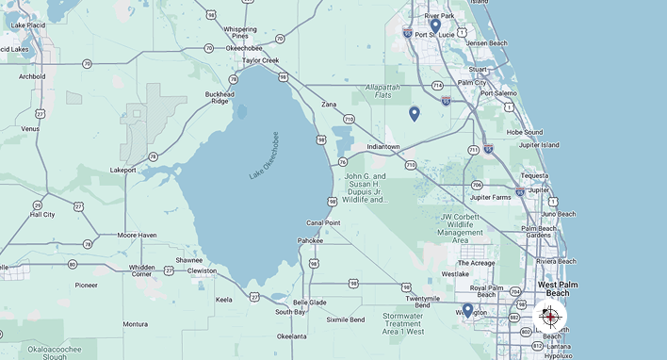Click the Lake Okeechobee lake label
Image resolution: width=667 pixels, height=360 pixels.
(x=265, y=155)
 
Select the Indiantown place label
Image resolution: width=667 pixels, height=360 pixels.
(x=383, y=147)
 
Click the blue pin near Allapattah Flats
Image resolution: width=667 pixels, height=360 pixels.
(x=414, y=114)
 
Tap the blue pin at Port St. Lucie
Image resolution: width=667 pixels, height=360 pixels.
(x=435, y=25)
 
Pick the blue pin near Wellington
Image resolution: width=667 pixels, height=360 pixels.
(x=467, y=309)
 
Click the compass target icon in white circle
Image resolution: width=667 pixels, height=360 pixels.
(x=550, y=318)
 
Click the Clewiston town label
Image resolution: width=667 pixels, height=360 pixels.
(x=203, y=271)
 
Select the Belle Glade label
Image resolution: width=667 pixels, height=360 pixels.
(x=310, y=303)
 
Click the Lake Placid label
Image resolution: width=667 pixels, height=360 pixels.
(x=23, y=25)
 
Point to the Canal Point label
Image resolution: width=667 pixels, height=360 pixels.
(x=323, y=223)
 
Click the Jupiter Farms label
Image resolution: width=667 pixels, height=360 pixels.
(x=490, y=197)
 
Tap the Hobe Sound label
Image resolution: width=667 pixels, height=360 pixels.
(x=525, y=132)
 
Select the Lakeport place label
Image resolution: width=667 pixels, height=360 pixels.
(x=123, y=171)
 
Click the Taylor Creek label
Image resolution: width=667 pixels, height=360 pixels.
(x=261, y=60)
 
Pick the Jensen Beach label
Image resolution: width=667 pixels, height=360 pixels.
(x=486, y=43)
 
